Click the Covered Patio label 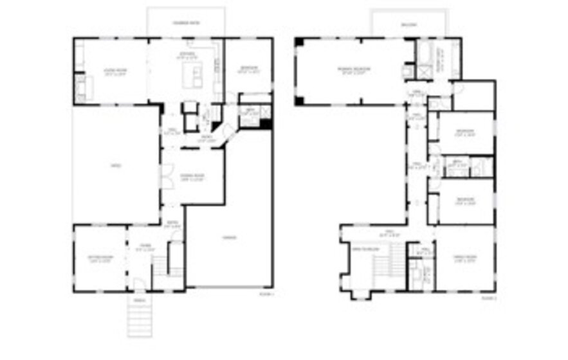186,23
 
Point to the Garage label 230,237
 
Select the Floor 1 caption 266,294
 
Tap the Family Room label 464,257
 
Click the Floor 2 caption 489,298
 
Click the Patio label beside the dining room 116,166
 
